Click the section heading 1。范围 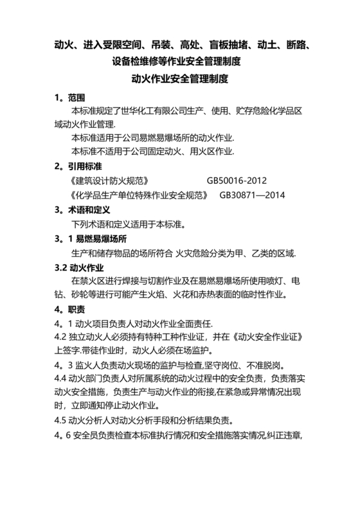coord(66,98)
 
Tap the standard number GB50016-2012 coord(237,181)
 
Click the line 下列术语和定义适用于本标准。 coord(128,224)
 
